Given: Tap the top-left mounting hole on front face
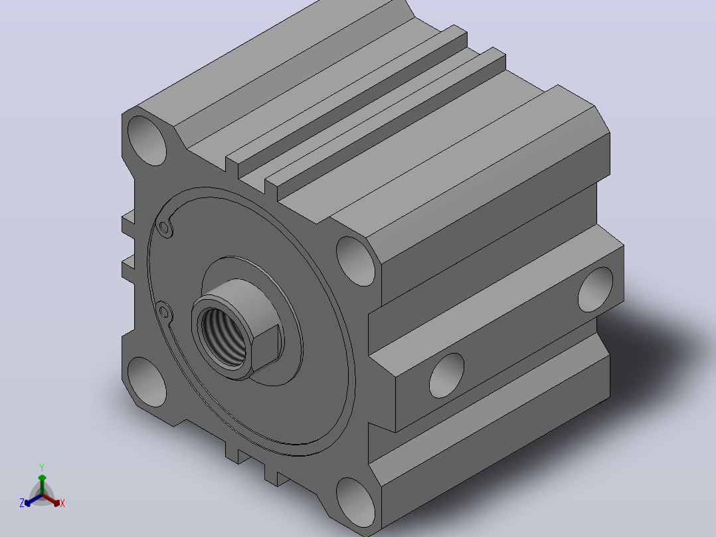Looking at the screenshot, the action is pos(147,141).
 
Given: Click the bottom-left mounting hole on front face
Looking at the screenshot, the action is pos(147,382).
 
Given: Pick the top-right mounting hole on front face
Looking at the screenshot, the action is pos(356,261).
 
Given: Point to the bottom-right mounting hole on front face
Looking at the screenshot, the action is pos(356,502).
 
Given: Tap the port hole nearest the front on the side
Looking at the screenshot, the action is pos(446,376).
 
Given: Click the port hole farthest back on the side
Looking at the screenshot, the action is pos(595,290).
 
